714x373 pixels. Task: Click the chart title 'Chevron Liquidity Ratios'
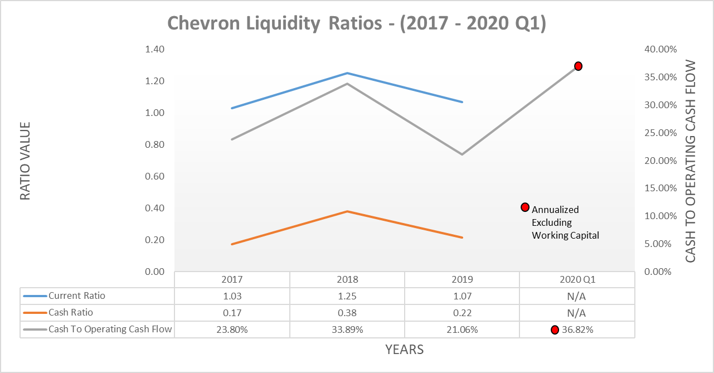click(357, 23)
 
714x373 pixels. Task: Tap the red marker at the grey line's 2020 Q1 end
click(578, 66)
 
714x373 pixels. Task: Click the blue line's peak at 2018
click(347, 73)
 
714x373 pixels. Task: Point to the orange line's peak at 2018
click(347, 211)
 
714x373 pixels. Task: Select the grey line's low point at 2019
click(462, 154)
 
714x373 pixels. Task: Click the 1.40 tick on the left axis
click(154, 49)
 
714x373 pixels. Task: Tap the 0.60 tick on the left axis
click(154, 176)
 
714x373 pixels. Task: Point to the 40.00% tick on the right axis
click(660, 49)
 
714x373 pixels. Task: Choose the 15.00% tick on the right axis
click(660, 188)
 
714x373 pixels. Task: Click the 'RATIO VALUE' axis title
click(26, 161)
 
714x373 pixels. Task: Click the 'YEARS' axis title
click(404, 350)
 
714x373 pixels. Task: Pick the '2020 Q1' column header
click(576, 279)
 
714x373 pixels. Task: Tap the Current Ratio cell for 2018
click(347, 296)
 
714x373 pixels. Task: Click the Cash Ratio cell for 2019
click(462, 313)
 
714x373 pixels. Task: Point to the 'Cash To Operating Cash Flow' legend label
click(110, 330)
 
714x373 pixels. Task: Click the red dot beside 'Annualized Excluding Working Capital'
click(524, 207)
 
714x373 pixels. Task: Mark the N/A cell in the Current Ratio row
click(576, 296)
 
